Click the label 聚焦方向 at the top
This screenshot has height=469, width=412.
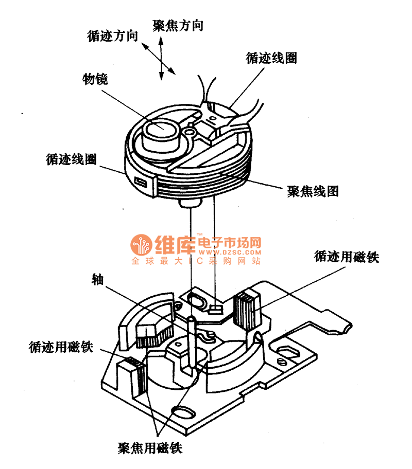click(x=178, y=26)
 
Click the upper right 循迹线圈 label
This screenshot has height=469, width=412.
click(x=271, y=58)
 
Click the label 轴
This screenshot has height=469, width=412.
click(x=97, y=279)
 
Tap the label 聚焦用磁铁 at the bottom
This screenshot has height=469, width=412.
click(x=150, y=447)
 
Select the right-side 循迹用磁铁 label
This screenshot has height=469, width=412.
click(x=346, y=257)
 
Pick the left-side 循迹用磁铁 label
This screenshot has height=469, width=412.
click(x=61, y=347)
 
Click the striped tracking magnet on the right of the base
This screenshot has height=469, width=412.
click(x=249, y=310)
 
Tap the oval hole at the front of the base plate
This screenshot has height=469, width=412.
click(x=182, y=411)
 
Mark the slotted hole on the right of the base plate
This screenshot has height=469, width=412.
click(x=286, y=350)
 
